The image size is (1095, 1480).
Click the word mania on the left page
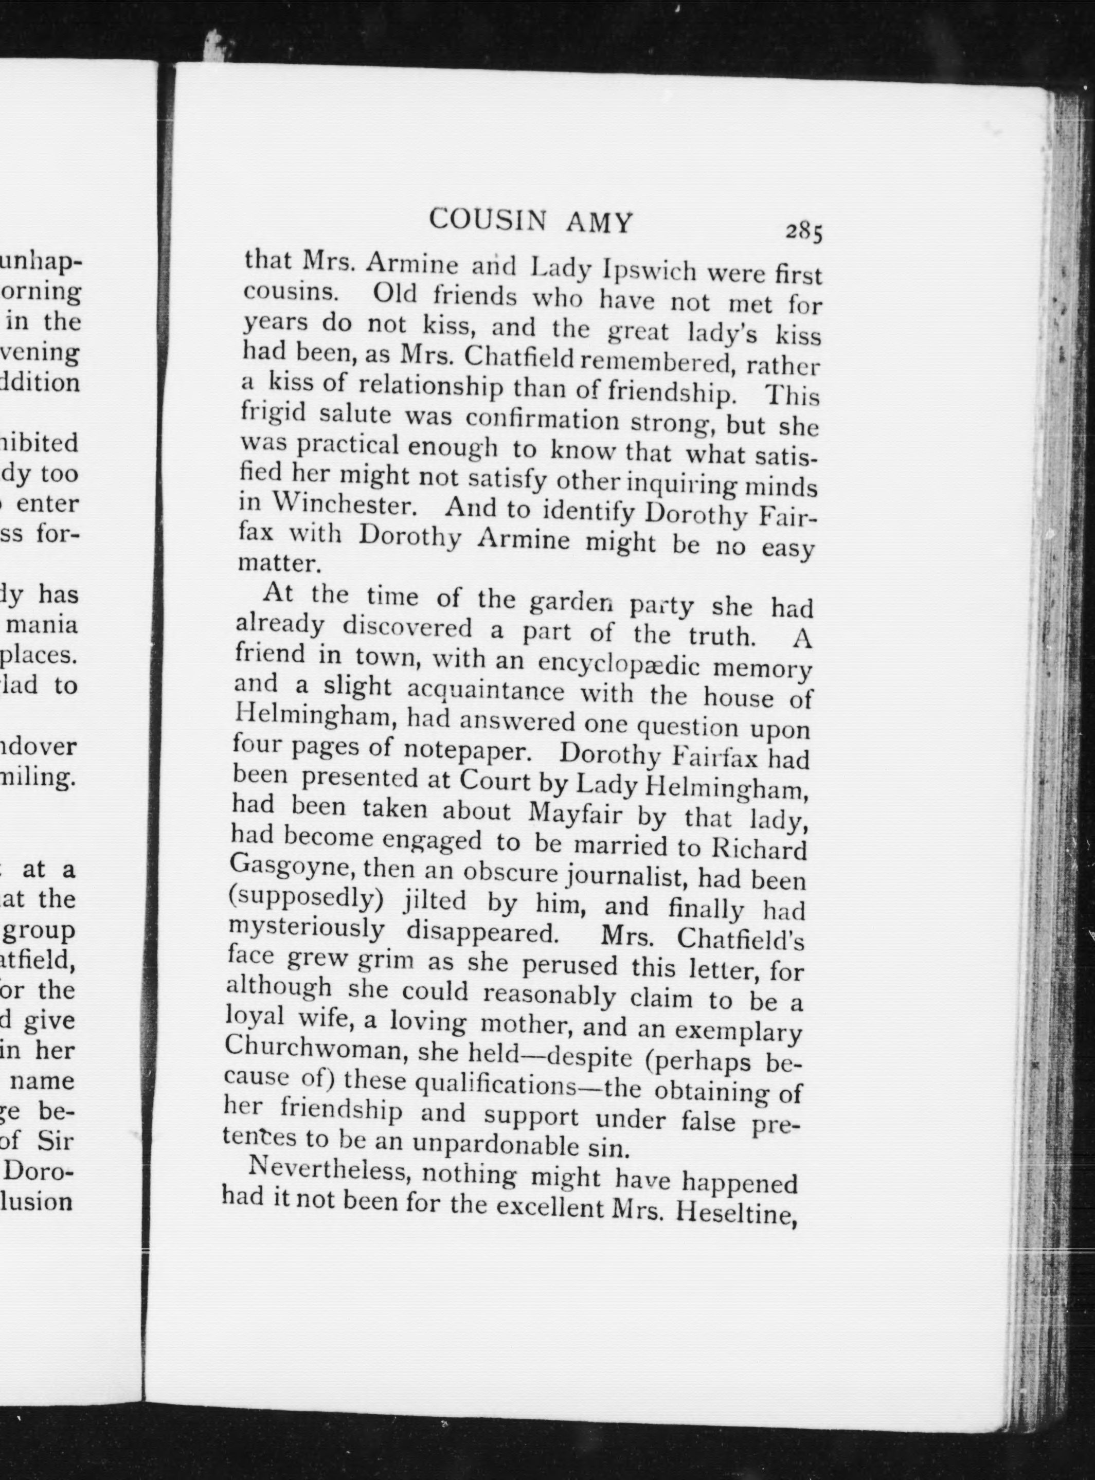pyautogui.click(x=50, y=624)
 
